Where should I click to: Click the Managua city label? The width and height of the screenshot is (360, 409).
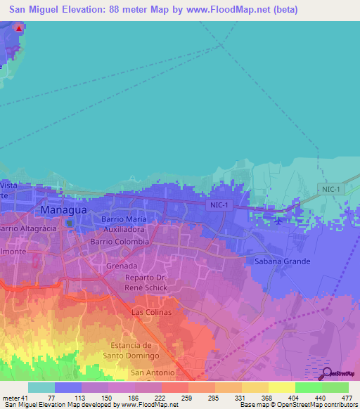pos(65,210)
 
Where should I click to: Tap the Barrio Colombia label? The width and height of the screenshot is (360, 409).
pos(120,241)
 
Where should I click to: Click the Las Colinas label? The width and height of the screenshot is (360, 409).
pos(152,311)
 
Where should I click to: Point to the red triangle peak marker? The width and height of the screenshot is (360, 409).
pos(18,28)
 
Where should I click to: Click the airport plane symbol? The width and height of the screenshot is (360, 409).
pos(281,221)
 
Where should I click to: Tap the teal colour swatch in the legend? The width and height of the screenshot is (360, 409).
pos(41,387)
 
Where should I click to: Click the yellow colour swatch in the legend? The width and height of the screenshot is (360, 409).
pos(281,387)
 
